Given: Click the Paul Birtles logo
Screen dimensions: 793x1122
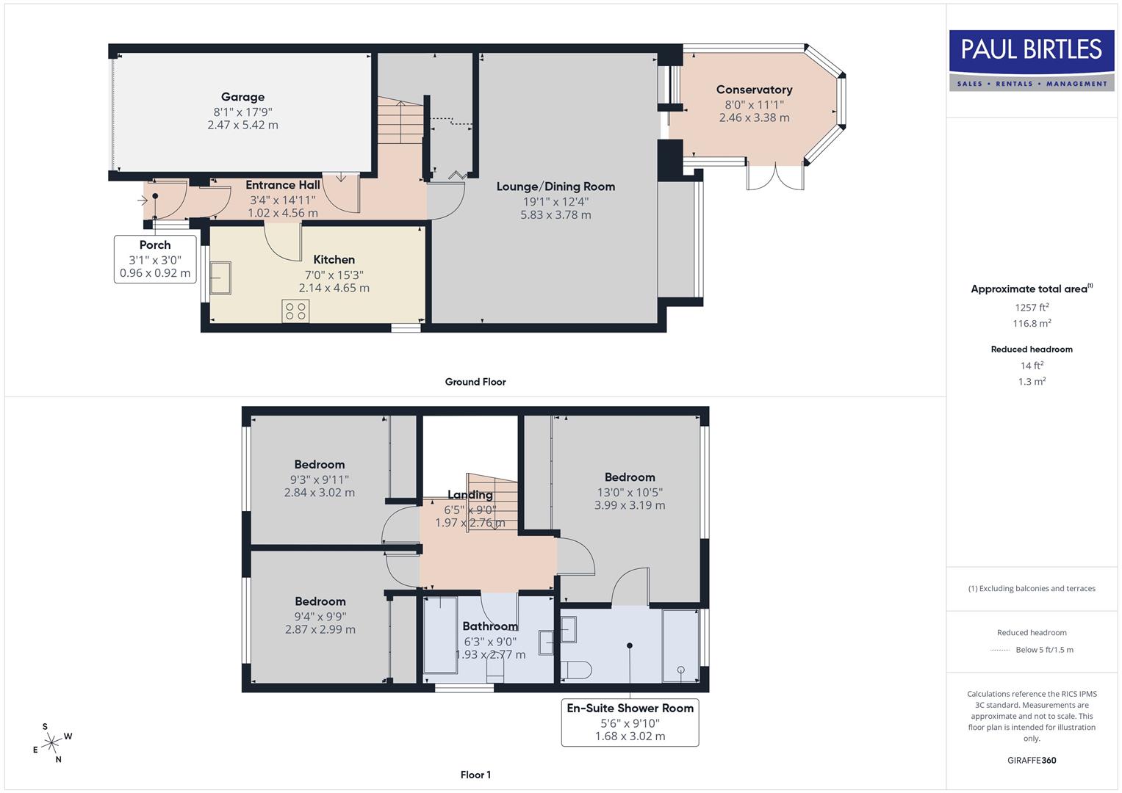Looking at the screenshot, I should click(1031, 60).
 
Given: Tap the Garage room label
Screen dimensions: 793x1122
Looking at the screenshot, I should click(242, 97).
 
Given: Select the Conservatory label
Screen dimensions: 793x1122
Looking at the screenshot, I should click(754, 90).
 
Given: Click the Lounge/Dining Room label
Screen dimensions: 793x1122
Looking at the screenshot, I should click(555, 187).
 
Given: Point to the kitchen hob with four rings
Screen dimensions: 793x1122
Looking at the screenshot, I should click(295, 311).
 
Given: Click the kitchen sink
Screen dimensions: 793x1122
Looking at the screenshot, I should click(220, 278).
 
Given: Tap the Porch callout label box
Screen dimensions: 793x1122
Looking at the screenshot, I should click(155, 259).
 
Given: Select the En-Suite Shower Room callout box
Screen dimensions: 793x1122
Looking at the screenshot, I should click(630, 722).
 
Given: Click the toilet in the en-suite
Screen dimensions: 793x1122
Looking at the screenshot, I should click(576, 670).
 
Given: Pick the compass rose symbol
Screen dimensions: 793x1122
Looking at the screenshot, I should click(51, 743).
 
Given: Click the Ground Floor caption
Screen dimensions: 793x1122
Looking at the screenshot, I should click(475, 382).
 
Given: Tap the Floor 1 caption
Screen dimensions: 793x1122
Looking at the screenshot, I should click(475, 775).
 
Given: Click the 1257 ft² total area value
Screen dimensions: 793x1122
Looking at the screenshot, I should click(1032, 307).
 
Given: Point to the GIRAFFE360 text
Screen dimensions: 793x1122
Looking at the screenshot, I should click(1032, 760).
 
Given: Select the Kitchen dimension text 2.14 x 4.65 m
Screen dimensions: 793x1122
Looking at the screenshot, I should click(334, 288).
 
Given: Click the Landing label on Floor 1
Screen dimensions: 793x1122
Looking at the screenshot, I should click(470, 495).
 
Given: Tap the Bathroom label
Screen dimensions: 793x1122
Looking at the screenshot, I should click(490, 626).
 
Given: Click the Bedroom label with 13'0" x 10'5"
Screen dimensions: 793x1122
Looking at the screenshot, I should click(630, 477).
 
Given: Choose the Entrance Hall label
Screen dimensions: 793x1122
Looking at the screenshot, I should click(283, 185).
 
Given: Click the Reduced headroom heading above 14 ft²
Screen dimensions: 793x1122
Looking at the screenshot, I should click(1032, 349).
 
